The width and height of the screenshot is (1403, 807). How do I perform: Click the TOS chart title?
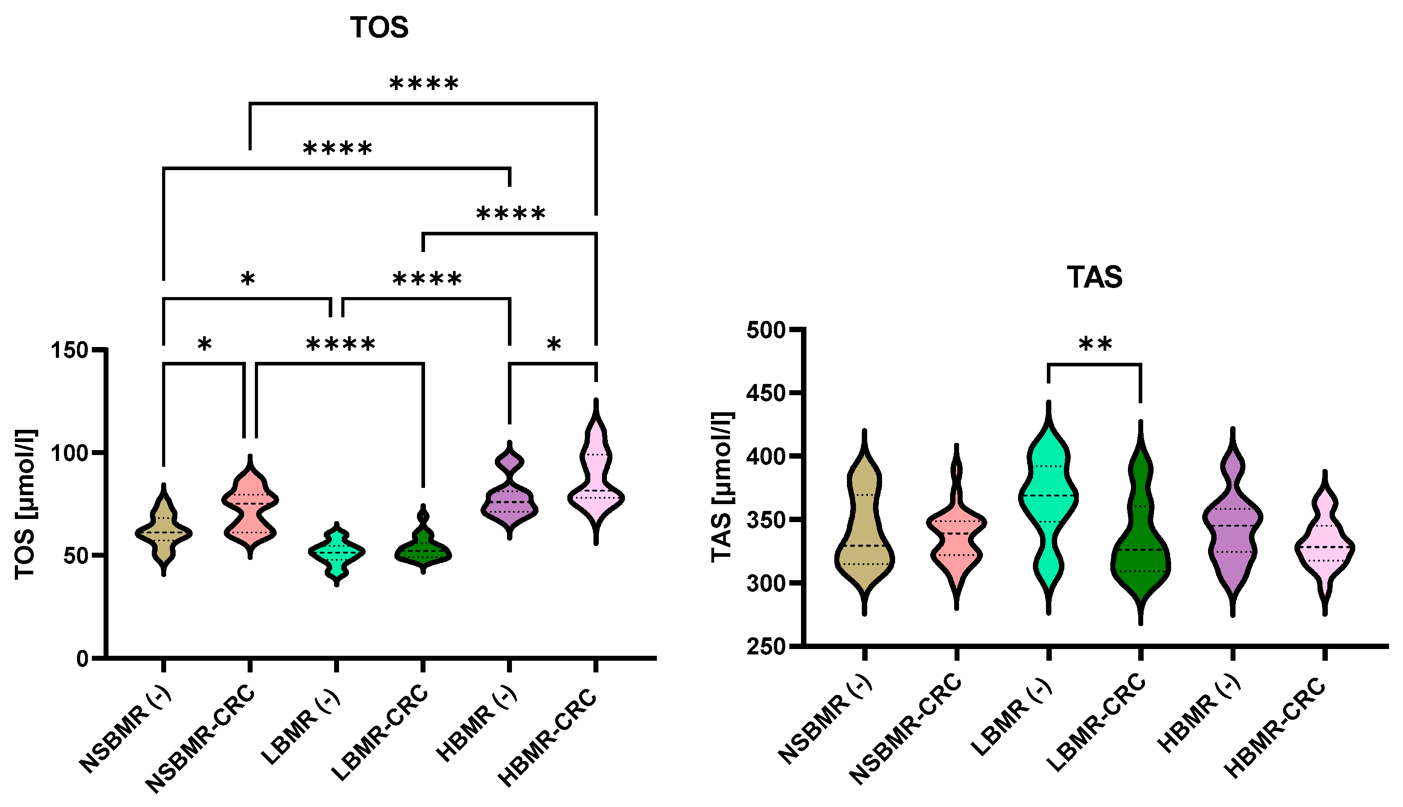379,28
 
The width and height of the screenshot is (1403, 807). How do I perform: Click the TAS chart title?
1094,277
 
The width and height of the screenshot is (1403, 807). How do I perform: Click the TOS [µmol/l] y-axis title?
26,505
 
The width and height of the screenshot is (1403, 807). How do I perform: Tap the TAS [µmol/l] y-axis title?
722,488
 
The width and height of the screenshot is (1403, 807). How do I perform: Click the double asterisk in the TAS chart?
1095,345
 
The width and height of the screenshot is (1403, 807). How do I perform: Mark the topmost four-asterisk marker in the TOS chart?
424,84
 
